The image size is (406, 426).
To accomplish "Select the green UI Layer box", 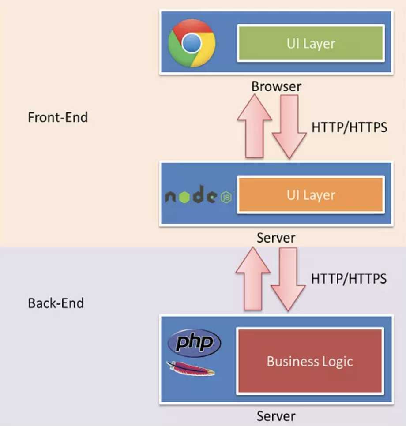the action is click(x=311, y=43).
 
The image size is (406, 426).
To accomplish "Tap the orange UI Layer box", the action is click(x=311, y=194).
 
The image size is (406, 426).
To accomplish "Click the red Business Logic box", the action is click(x=310, y=361).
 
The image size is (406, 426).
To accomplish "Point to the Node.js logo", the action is click(x=199, y=194).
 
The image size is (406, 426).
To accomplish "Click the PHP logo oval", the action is click(x=194, y=343).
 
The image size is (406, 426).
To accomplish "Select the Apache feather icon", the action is click(x=191, y=369).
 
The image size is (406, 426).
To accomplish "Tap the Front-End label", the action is click(x=58, y=117).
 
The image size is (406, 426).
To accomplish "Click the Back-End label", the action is click(x=56, y=303).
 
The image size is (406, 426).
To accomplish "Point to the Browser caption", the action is click(x=276, y=86).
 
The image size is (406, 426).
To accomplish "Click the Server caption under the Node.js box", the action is click(x=276, y=238).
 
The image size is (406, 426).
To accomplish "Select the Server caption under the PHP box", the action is click(x=276, y=416).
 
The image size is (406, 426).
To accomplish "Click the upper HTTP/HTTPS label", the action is click(x=349, y=127).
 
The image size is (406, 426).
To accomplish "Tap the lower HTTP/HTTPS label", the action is click(x=349, y=278).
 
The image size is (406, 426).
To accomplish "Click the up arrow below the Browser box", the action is click(x=254, y=126).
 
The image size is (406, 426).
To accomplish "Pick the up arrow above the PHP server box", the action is click(x=253, y=278).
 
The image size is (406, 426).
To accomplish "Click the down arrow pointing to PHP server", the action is click(x=288, y=280).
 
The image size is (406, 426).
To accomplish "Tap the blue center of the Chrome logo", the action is click(x=192, y=43).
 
